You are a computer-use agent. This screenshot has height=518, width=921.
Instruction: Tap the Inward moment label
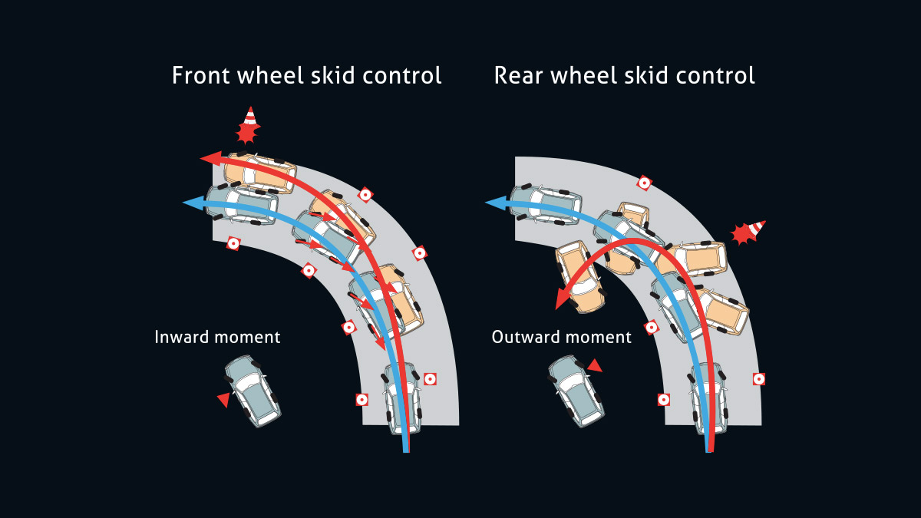(217, 337)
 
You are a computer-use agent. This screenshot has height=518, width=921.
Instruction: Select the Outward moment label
(562, 337)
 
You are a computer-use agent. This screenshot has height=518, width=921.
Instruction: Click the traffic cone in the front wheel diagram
(249, 117)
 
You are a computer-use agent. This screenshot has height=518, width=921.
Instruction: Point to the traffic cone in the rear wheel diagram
(756, 228)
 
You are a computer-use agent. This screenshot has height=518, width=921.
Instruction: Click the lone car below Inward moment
(253, 390)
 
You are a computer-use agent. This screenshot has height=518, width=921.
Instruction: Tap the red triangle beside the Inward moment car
(223, 399)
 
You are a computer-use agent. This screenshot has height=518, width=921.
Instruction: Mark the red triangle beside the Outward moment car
(593, 365)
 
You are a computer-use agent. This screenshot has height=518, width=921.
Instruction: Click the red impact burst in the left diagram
(246, 134)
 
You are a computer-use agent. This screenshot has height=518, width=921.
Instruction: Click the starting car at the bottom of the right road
(708, 398)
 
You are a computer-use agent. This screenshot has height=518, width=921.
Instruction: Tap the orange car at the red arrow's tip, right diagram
(579, 274)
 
